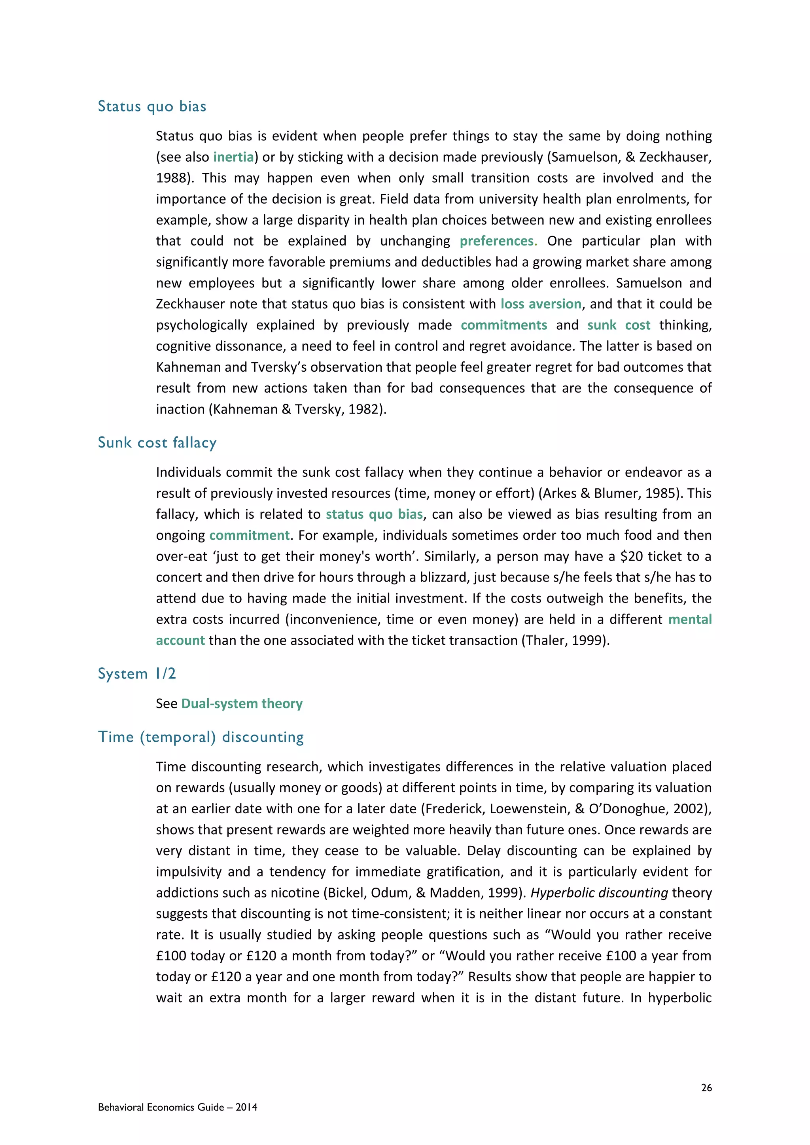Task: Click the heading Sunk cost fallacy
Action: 157,442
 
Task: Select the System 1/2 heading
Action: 137,674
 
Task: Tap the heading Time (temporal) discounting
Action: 201,737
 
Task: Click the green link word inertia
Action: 233,157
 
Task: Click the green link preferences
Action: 496,241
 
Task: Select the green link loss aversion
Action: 541,304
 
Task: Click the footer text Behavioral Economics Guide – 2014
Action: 178,1107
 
